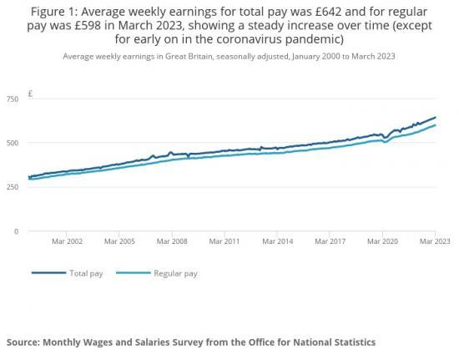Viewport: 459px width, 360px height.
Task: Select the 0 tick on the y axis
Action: point(15,231)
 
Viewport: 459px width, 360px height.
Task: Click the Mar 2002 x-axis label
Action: point(68,241)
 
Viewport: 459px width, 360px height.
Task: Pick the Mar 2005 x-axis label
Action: point(121,241)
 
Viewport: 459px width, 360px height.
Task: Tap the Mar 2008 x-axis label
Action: point(173,241)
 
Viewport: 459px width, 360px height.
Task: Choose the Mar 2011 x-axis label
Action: point(225,241)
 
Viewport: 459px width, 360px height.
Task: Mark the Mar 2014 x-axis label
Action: point(278,241)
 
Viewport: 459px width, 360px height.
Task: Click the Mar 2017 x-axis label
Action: point(330,241)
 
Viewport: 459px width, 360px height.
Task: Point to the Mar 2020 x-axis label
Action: point(383,241)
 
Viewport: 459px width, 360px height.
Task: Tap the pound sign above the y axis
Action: point(29,93)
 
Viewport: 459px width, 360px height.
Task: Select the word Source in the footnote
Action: point(30,342)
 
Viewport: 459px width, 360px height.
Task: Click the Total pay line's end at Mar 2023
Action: point(436,118)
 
